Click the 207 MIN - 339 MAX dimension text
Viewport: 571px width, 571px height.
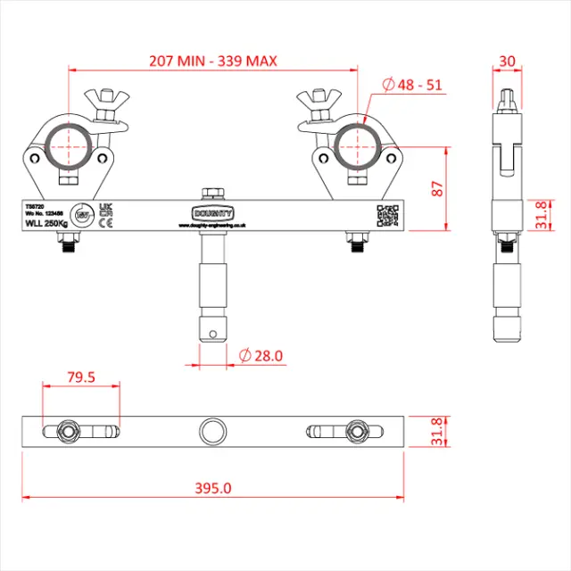click(x=213, y=62)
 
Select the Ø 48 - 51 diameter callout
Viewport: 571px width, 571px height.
click(x=412, y=85)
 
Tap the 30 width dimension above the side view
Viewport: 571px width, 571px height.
click(x=508, y=62)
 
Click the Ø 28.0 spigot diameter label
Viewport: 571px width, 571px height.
click(x=261, y=355)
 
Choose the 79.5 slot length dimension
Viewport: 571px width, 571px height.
click(x=81, y=377)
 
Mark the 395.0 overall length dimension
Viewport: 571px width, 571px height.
click(x=214, y=488)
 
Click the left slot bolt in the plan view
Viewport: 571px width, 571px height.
click(x=68, y=431)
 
